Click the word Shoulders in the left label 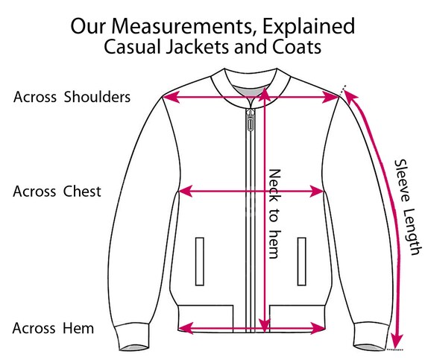97,97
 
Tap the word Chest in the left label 82,192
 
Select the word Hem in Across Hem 78,328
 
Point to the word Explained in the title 309,27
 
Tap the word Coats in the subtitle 297,47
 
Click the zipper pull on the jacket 251,120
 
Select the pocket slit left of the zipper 200,262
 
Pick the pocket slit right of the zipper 302,262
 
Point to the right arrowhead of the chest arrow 317,192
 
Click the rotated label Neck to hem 274,214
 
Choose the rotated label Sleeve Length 408,207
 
